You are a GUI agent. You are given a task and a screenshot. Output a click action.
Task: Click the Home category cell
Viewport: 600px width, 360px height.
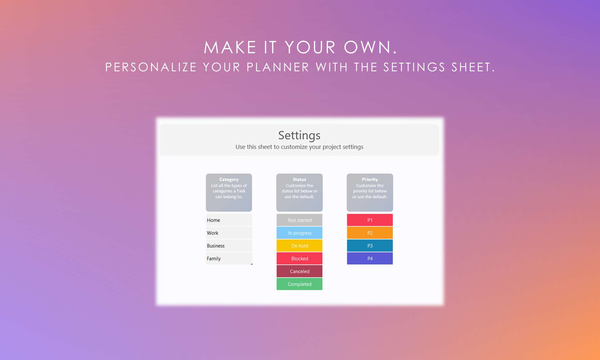pos(229,220)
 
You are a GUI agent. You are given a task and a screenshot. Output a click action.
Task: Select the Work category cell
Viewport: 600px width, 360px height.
pos(229,233)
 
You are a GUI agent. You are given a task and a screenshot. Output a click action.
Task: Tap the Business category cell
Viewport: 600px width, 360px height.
pos(229,246)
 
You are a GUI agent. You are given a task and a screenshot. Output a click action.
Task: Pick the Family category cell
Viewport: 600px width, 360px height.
pos(229,259)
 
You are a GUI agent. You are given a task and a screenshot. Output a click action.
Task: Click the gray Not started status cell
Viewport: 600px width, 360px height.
pos(300,220)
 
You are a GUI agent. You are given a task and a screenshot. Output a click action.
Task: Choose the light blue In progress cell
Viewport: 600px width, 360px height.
pos(300,233)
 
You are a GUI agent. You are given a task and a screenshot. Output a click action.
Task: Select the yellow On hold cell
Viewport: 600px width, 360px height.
pos(300,246)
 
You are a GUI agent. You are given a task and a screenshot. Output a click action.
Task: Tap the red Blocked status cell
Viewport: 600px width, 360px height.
pos(300,259)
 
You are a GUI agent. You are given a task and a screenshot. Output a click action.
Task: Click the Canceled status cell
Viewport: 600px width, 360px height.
pos(300,271)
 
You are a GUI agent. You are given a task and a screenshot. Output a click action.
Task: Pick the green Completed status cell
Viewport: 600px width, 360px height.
pos(300,284)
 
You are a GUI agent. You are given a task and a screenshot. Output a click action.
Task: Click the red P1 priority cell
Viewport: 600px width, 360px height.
pos(370,220)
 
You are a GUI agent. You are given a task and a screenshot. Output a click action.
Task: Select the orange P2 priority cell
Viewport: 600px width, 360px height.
pos(370,233)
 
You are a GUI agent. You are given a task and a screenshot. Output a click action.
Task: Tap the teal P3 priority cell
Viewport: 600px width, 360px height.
pos(370,246)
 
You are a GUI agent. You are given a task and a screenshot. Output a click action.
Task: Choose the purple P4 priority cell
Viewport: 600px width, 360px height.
pos(370,259)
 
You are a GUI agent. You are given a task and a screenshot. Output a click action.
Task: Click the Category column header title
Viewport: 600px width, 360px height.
pos(229,180)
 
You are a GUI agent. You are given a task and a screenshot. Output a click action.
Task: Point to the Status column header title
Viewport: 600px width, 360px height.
pos(300,180)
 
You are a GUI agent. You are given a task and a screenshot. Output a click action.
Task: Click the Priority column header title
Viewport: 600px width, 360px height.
pos(370,180)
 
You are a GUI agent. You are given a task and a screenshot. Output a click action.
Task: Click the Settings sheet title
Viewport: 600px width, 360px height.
pos(299,135)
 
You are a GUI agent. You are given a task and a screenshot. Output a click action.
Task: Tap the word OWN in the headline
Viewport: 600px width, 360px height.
pos(371,47)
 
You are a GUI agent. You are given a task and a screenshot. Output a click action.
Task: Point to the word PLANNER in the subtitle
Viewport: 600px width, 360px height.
pos(278,67)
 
